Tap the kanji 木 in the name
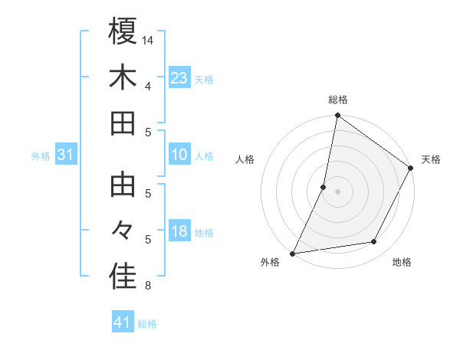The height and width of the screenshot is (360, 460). [123, 77]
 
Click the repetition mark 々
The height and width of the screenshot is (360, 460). [123, 231]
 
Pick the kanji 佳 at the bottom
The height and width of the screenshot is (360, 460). [123, 278]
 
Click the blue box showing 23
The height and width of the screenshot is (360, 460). [179, 77]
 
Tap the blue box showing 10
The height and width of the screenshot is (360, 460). [179, 155]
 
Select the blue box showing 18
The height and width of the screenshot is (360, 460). [179, 231]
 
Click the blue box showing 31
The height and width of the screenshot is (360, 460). [65, 155]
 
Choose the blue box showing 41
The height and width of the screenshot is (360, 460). [123, 322]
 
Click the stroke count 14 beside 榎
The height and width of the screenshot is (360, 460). [148, 39]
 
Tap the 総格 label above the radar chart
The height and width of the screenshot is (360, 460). [337, 100]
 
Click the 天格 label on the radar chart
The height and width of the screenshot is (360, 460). [431, 159]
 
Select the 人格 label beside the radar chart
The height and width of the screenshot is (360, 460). [245, 159]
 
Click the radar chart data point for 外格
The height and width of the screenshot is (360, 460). [292, 253]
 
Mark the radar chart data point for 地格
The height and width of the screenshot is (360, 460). [374, 242]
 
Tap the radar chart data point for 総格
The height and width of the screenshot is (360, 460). [337, 116]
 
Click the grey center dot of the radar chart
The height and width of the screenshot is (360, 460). [337, 191]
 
